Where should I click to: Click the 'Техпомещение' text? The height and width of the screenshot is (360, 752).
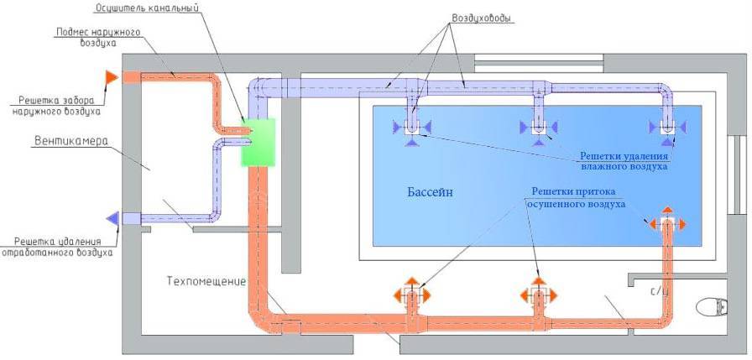tap(206, 281)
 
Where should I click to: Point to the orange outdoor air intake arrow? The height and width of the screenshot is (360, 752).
tap(111, 77)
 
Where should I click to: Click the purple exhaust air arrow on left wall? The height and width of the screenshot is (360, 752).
tap(111, 218)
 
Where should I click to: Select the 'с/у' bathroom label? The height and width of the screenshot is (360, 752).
tap(659, 291)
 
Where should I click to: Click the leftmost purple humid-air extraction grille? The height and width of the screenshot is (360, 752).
tap(412, 128)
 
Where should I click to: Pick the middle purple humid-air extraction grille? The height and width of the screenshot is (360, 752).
tap(538, 128)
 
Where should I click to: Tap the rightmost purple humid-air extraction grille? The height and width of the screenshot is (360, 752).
tap(666, 128)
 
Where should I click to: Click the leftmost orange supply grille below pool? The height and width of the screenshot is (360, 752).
tap(411, 295)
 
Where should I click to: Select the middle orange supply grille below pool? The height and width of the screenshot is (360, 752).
tap(538, 295)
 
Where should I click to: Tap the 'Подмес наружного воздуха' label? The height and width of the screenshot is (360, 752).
tap(97, 38)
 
